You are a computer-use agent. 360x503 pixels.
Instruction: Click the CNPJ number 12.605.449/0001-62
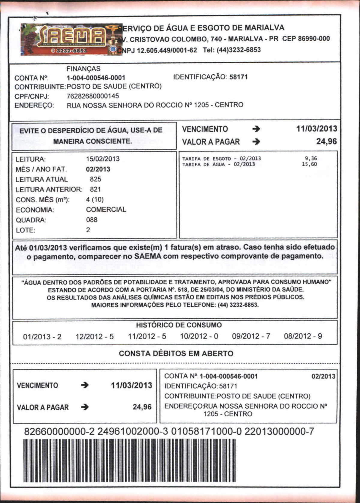click(167, 50)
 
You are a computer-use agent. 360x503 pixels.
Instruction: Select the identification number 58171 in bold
click(238, 77)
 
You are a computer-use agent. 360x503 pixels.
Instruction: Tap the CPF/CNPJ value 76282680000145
click(93, 96)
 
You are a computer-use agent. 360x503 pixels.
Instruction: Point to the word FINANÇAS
click(83, 69)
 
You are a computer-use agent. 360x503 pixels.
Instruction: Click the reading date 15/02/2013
click(103, 159)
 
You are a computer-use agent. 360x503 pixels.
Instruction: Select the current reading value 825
click(95, 179)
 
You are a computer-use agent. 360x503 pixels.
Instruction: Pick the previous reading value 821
click(95, 189)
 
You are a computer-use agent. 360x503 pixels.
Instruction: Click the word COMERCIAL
click(106, 210)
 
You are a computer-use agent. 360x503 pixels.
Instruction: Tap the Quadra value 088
click(92, 220)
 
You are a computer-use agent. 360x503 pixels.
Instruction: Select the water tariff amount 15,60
click(309, 164)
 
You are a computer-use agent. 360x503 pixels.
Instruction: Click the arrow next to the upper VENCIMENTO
click(256, 129)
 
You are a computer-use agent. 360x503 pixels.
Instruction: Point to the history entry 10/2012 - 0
click(199, 336)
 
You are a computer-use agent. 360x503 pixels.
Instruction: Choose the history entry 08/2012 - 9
click(303, 336)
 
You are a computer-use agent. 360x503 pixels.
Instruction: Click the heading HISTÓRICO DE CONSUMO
click(179, 325)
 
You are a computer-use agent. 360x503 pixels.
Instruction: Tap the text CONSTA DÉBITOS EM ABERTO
click(176, 353)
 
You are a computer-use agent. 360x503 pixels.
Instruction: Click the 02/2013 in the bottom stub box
click(323, 377)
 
